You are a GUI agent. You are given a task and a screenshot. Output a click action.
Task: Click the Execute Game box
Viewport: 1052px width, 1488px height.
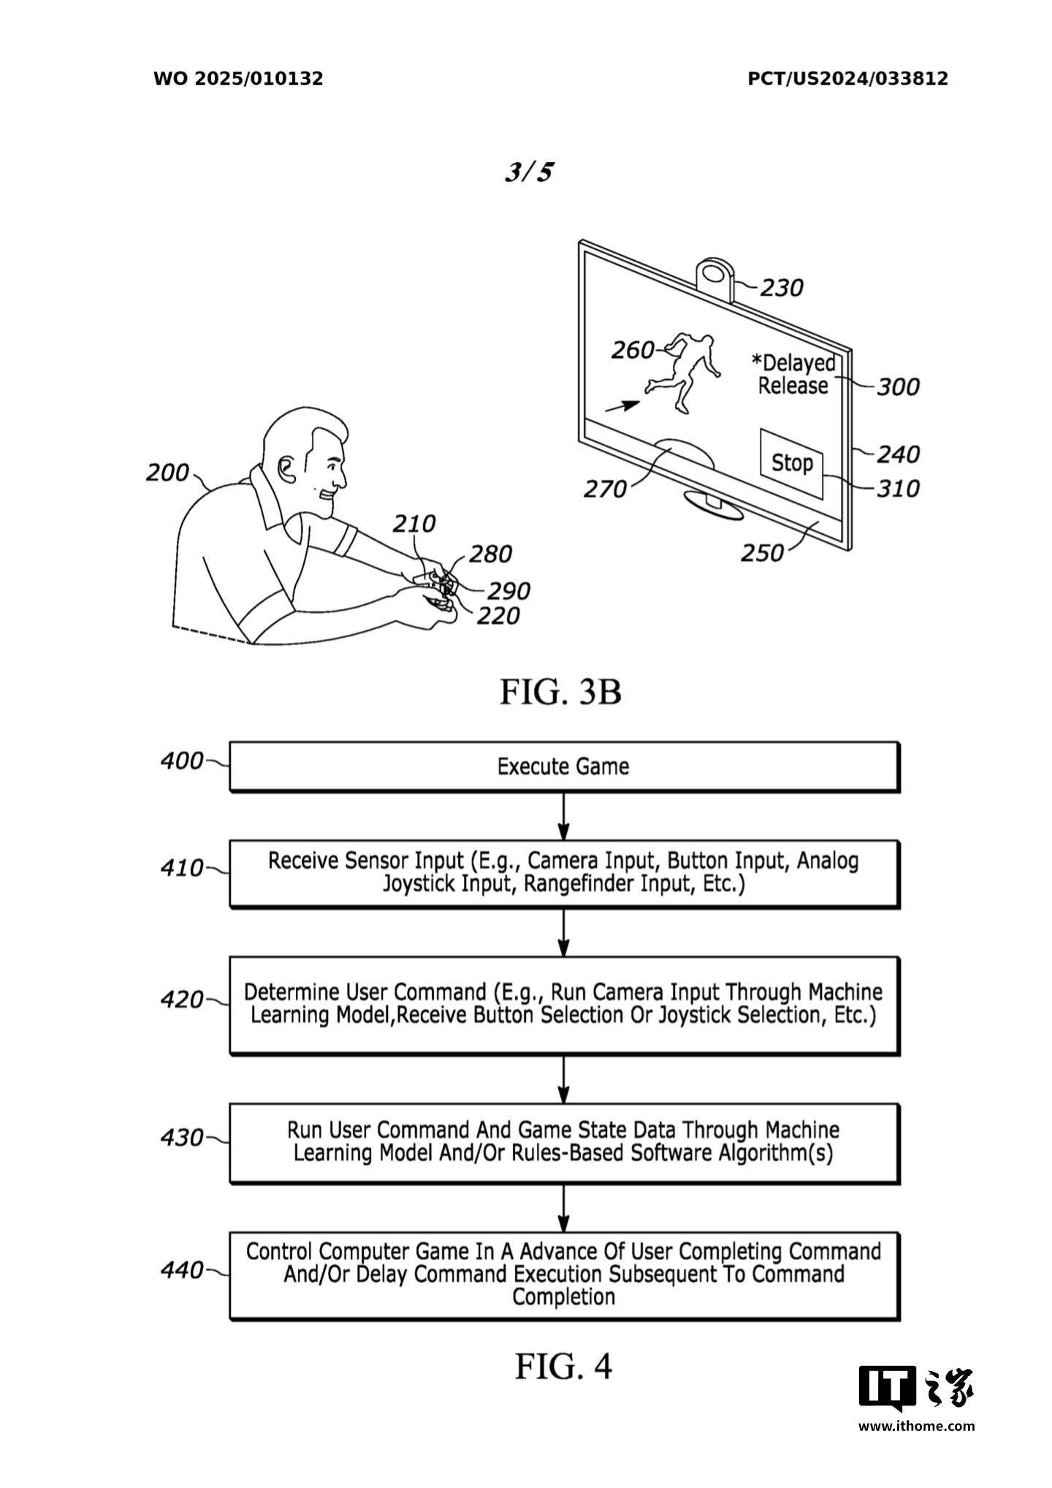click(564, 766)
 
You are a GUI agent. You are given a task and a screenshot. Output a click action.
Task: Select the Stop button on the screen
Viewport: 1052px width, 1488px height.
click(793, 463)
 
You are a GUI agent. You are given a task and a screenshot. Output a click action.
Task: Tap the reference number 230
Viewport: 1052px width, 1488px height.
click(781, 288)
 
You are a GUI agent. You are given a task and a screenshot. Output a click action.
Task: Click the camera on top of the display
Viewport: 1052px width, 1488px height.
click(714, 277)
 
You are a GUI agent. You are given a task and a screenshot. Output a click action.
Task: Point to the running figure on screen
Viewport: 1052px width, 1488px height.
click(682, 371)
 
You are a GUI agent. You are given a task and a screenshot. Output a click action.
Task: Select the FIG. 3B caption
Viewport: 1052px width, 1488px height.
click(560, 691)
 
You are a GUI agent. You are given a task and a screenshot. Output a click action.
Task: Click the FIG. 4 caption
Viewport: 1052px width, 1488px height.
click(563, 1365)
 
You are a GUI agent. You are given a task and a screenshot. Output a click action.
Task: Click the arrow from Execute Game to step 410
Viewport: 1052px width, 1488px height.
click(563, 816)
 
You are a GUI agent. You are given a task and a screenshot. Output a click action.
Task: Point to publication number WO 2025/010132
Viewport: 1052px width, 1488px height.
click(238, 79)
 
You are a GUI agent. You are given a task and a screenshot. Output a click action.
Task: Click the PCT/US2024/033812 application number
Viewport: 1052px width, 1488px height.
click(847, 79)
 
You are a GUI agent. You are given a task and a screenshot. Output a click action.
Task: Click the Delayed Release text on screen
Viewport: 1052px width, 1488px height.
click(794, 374)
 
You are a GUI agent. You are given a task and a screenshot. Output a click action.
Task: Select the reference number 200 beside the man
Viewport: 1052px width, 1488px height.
click(167, 473)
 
